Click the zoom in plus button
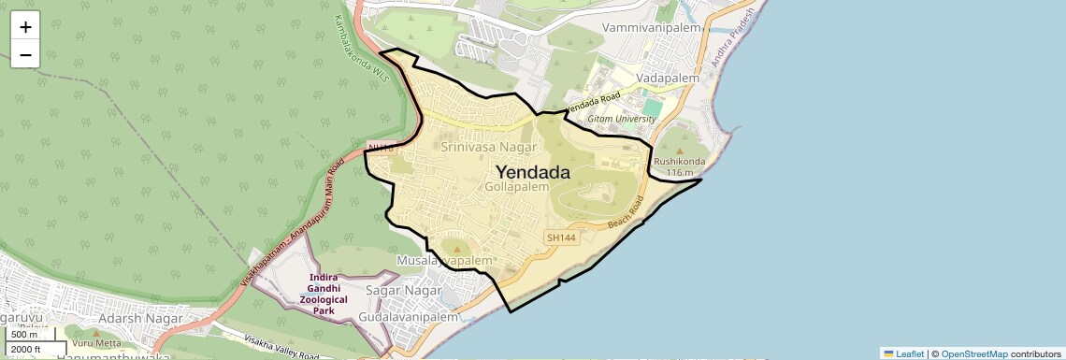pos(25,27)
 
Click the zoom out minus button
pos(25,54)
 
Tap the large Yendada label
pos(532,172)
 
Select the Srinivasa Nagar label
pos(489,148)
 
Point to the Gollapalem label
pos(517,187)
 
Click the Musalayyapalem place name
pos(444,260)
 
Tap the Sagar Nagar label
pos(403,291)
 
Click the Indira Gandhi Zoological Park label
pos(330,294)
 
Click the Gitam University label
pos(622,120)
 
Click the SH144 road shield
pos(561,238)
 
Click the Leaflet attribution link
pos(904,353)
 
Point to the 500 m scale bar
pos(25,335)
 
